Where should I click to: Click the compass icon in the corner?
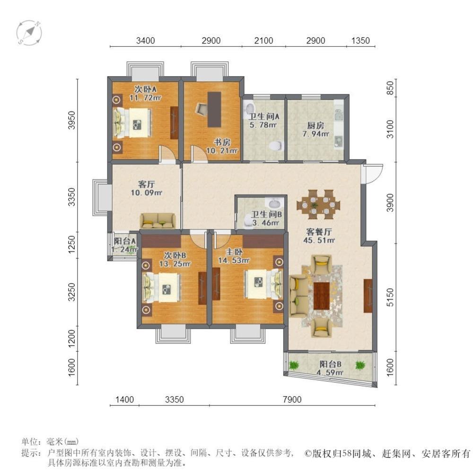pyautogui.click(x=29, y=33)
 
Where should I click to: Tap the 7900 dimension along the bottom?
pyautogui.click(x=292, y=399)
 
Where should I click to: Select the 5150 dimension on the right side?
pyautogui.click(x=390, y=297)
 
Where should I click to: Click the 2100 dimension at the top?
pyautogui.click(x=263, y=40)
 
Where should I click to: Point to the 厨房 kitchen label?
pyautogui.click(x=315, y=125)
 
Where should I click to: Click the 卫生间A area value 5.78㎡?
pyautogui.click(x=263, y=124)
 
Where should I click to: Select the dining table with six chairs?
pyautogui.click(x=318, y=204)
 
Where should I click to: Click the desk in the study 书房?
pyautogui.click(x=214, y=109)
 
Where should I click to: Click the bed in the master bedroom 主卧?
pyautogui.click(x=264, y=283)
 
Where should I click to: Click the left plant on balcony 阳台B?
pyautogui.click(x=294, y=365)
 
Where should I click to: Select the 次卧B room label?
pyautogui.click(x=175, y=255)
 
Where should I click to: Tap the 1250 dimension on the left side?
pyautogui.click(x=71, y=245)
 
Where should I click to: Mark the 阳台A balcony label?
pyautogui.click(x=125, y=241)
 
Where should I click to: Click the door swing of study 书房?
pyautogui.click(x=199, y=153)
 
